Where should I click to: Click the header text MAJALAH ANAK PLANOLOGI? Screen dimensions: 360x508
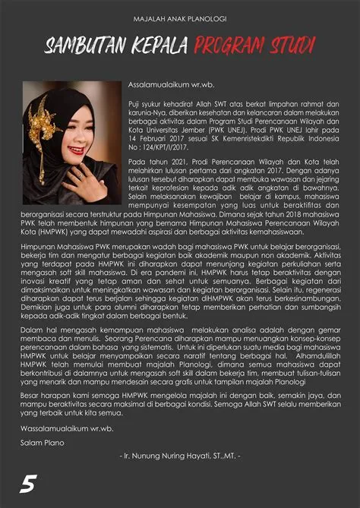[x=179, y=17]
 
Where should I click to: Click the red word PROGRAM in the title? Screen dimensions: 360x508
[x=235, y=48]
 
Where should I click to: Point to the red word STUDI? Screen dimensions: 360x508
[x=294, y=48]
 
